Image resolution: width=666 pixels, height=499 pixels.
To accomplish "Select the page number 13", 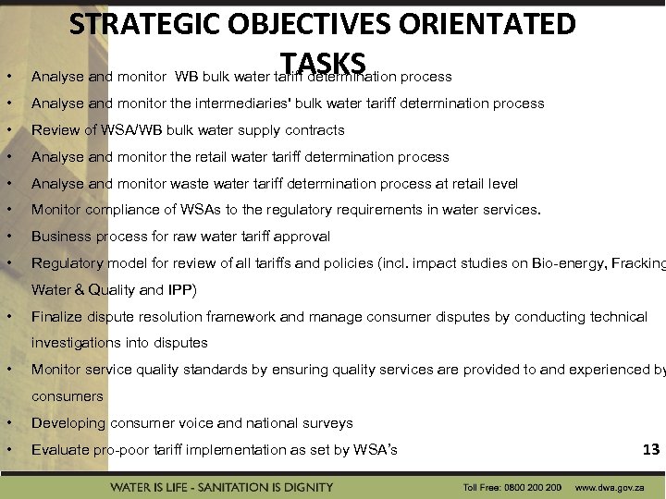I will [650, 449].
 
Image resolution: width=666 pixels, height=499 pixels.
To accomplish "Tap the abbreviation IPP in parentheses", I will [180, 290].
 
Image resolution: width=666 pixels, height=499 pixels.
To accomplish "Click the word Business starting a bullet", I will [61, 237].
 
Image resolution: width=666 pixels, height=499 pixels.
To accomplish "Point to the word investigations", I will [76, 344].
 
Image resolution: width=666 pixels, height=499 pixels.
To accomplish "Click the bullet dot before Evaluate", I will [8, 450].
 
